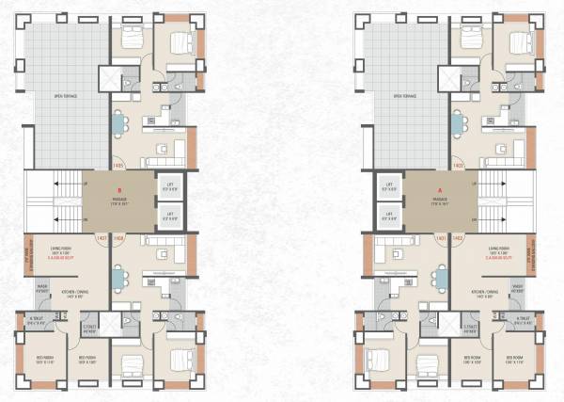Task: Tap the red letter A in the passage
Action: [438, 194]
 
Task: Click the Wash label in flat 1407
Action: [42, 289]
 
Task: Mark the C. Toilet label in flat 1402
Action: [474, 328]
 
